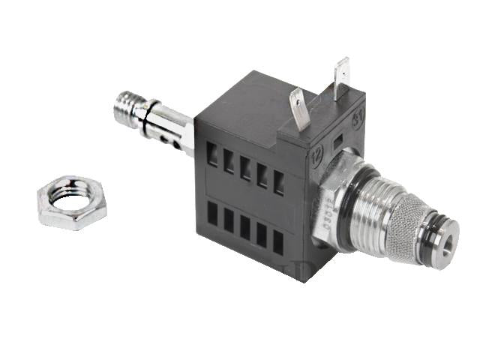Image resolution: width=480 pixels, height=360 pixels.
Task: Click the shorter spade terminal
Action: [298, 108]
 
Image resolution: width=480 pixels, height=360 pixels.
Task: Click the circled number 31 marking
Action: [358, 117]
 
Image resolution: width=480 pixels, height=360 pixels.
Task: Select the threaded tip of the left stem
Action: [127, 107]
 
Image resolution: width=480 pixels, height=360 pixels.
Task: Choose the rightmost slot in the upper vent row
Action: [278, 183]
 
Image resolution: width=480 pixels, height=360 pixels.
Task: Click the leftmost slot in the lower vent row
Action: [212, 214]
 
